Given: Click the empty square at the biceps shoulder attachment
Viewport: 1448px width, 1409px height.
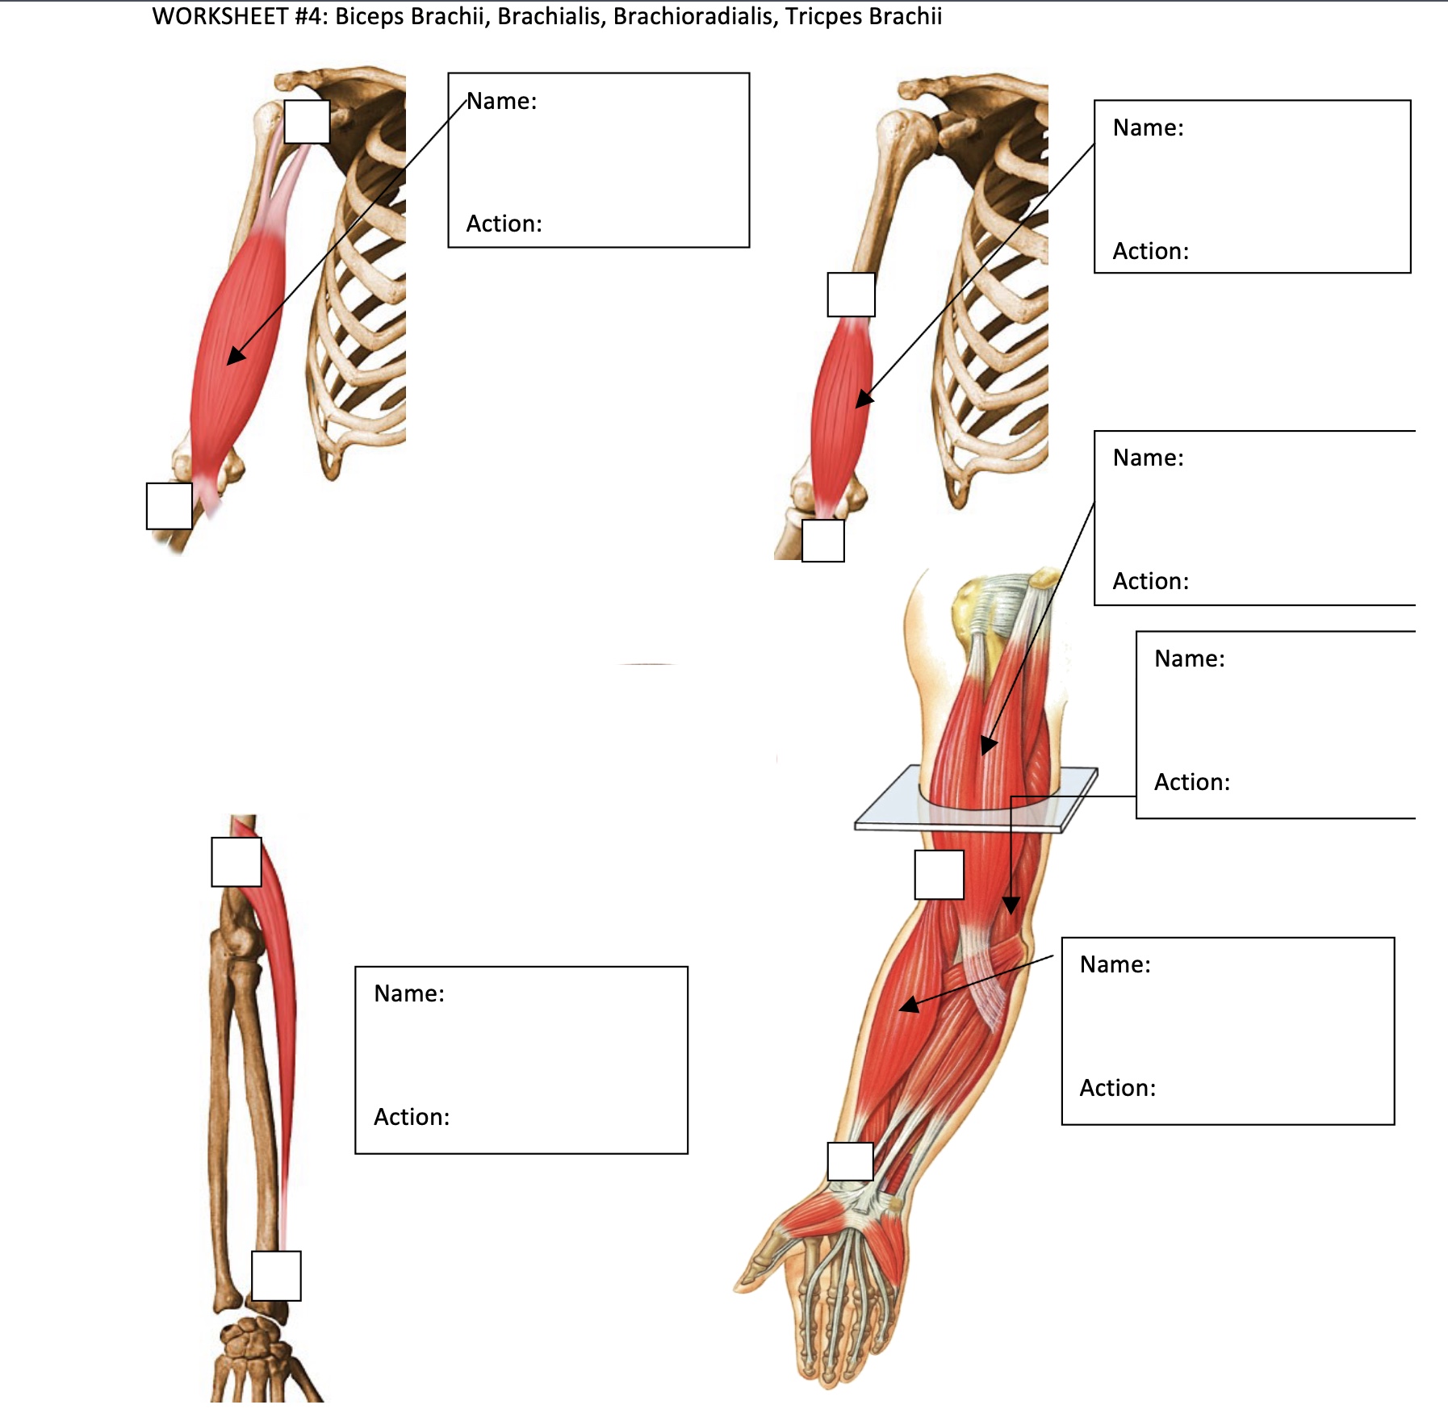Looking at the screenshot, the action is [307, 122].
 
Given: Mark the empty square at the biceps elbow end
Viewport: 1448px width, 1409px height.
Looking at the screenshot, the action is [169, 506].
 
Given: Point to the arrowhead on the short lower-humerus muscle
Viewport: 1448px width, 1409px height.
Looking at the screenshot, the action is [863, 399].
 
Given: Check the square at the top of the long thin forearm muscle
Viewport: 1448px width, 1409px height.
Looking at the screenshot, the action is [236, 862].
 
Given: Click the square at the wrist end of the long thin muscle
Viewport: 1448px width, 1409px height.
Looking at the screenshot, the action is [276, 1276].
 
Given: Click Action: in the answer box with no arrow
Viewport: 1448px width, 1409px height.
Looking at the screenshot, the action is [412, 1117].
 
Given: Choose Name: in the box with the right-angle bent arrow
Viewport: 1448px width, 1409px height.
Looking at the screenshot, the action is [1189, 659].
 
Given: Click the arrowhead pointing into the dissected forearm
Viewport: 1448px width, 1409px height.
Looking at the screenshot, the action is [908, 1006].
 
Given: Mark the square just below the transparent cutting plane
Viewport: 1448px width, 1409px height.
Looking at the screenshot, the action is [939, 874].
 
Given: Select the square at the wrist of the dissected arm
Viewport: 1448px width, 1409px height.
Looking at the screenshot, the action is [850, 1161].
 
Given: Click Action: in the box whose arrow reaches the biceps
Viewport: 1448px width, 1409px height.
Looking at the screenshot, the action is [504, 224].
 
